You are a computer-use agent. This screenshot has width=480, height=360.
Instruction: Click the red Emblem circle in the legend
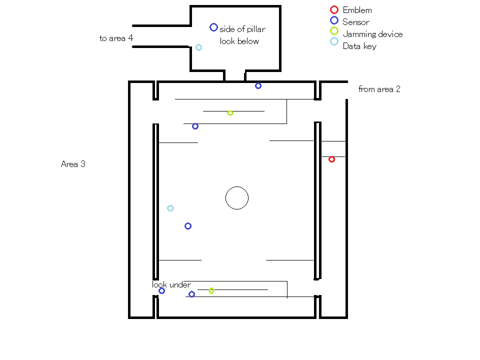[334, 10]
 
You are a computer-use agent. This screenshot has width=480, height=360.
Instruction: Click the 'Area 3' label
[73, 164]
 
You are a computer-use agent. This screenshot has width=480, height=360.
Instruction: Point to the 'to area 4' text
[116, 38]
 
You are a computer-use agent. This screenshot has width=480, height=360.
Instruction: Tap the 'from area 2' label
[379, 89]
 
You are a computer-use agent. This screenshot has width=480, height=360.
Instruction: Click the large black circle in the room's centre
[237, 198]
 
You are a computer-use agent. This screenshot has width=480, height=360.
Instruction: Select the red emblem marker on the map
[331, 159]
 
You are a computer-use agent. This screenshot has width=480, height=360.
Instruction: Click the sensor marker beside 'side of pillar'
[213, 27]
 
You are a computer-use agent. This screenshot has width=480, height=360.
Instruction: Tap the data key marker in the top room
[198, 47]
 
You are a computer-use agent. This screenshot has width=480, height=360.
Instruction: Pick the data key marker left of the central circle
[170, 208]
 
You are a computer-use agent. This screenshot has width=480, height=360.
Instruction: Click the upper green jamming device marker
[230, 112]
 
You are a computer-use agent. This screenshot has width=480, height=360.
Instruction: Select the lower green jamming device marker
[211, 290]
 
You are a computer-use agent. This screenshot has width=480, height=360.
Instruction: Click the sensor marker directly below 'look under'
[161, 290]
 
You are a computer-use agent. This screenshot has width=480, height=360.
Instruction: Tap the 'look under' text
[171, 284]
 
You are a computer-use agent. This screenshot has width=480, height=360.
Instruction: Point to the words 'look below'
[239, 41]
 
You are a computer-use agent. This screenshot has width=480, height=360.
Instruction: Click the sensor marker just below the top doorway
[258, 85]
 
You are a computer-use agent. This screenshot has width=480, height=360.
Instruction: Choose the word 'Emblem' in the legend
[357, 10]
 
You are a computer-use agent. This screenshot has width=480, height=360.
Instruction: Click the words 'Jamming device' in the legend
[372, 34]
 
